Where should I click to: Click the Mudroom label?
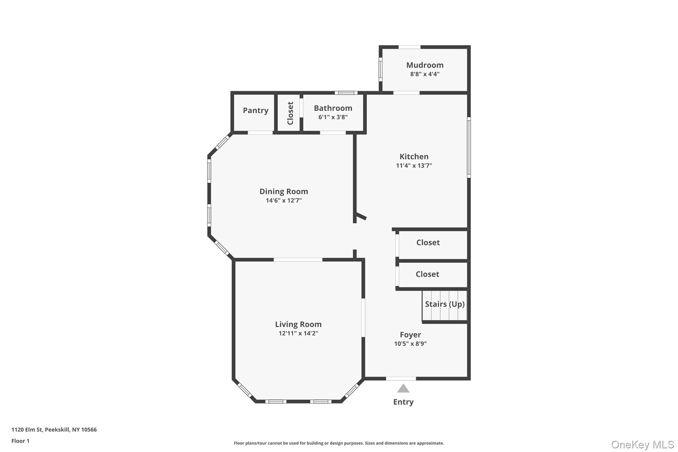coord(425,65)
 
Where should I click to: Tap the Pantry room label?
coord(256,110)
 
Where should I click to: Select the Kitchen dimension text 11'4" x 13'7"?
coord(414,166)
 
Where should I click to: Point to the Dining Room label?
coord(284,191)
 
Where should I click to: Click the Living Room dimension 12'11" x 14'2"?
coord(298,333)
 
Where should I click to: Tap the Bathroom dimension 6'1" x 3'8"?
coord(333,117)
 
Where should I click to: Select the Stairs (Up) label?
coord(445,304)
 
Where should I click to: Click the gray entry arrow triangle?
coord(403,388)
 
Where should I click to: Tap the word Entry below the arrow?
coord(403,402)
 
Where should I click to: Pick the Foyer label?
coord(410,335)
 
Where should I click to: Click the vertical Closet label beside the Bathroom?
coord(290,113)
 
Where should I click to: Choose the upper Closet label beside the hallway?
coord(428,242)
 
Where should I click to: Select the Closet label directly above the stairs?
coord(427,274)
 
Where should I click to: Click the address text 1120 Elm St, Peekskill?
coord(54,430)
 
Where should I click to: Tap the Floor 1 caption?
coord(21,441)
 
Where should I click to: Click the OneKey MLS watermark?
coord(642,444)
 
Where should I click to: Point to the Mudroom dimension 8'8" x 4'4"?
coord(425,74)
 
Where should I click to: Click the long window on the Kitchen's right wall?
coord(469,147)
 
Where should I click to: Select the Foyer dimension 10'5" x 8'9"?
coord(410,344)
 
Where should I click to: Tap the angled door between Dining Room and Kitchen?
coord(361,217)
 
